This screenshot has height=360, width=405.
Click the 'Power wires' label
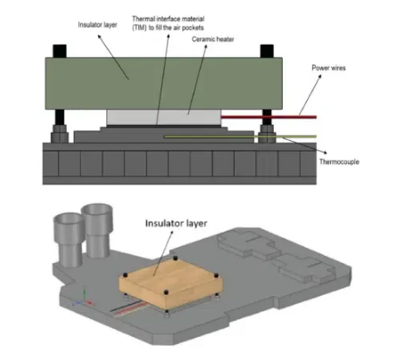pos(328,68)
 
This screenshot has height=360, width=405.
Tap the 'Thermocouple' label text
pos(339,162)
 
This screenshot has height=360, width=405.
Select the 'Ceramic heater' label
pos(213,39)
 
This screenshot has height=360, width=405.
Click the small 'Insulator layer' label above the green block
pos(97,25)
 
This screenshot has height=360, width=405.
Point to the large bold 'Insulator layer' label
pos(176,224)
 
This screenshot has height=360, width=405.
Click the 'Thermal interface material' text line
pos(169,19)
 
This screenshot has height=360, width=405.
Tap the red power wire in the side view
pos(269,117)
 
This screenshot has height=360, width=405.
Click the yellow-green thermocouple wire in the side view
pos(240,136)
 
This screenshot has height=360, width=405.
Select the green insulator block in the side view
pos(163,83)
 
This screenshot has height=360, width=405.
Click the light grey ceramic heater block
pos(163,117)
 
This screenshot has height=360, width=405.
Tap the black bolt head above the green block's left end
pos(60,51)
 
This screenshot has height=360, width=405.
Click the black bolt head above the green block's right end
pos(267,51)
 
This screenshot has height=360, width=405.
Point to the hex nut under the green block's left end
pos(60,133)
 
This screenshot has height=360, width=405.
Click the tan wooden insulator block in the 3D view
pos(171,282)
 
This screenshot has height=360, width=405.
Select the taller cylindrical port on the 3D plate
pos(97,230)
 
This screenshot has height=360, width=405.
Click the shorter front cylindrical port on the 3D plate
pos(70,240)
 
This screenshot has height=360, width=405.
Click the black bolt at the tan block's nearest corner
pos(167,292)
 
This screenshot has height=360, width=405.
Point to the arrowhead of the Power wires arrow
pos(319,77)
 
